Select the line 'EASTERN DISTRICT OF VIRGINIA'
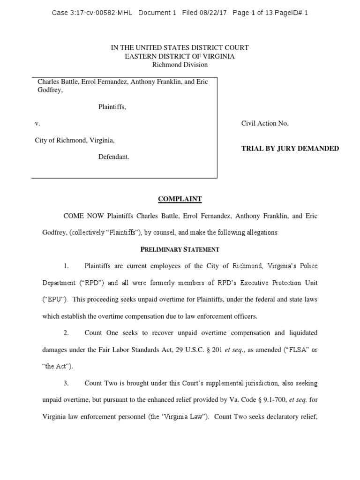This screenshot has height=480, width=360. click(180, 56)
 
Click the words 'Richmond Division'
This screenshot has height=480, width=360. click(180, 65)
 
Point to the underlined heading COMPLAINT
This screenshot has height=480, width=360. click(180, 199)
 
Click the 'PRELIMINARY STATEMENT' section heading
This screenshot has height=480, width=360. click(180, 249)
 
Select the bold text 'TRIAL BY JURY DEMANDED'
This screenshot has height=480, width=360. click(290, 149)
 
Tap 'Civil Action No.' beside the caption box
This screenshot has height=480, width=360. click(265, 124)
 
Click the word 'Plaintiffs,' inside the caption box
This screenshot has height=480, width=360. click(112, 107)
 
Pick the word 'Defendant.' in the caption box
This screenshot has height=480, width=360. click(113, 157)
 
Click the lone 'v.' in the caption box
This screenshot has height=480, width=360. click(38, 124)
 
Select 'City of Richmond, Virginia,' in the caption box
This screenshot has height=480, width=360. click(75, 140)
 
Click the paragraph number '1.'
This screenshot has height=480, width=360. click(67, 266)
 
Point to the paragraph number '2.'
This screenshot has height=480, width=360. click(67, 333)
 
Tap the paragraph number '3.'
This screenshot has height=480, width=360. click(67, 383)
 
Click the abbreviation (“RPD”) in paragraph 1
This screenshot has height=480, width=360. click(84, 283)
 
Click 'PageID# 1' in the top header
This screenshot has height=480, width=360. click(292, 13)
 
